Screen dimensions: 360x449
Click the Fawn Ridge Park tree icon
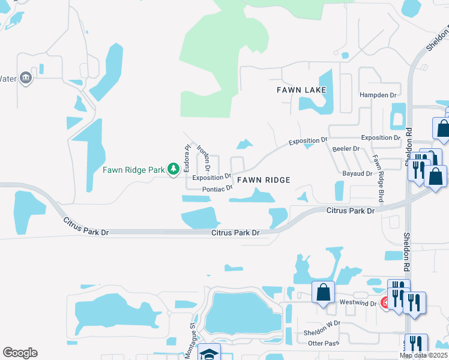tap(173, 170)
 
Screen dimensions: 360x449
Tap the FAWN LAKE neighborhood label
tap(301, 90)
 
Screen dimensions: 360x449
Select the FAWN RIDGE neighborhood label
tap(264, 180)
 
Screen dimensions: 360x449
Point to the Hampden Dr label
tap(378, 95)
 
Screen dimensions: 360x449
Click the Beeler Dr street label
tap(345, 148)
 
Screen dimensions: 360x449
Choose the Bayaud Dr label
tap(354, 173)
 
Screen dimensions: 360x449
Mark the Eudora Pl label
tap(187, 155)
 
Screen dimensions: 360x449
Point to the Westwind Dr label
tap(358, 304)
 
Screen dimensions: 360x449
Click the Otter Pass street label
tap(324, 343)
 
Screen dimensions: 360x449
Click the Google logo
tap(20, 353)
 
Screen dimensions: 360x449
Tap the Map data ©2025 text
tap(423, 355)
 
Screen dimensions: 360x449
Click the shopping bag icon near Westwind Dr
tap(323, 293)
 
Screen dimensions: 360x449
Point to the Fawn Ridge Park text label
tap(133, 170)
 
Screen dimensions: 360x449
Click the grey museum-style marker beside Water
tap(25, 78)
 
